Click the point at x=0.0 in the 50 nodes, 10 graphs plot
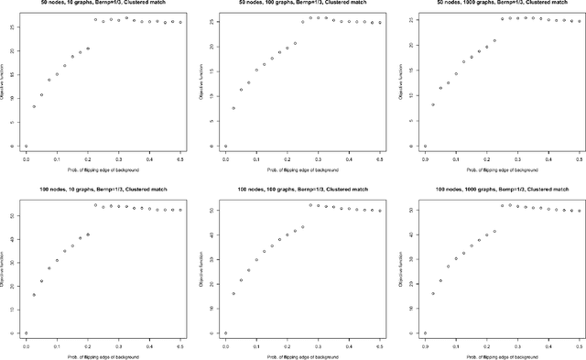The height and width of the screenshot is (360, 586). point(26,146)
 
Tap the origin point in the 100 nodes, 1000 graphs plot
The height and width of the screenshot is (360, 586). point(425,333)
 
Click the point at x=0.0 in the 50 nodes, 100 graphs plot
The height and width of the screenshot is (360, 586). point(225,146)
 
